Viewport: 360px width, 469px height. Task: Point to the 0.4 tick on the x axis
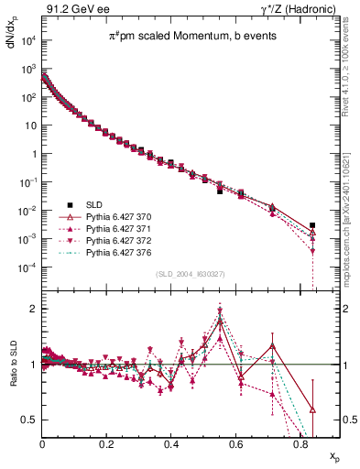[x=171, y=444]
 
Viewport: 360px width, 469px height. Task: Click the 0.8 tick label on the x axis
[x=300, y=444]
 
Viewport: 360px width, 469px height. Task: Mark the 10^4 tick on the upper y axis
[x=28, y=40]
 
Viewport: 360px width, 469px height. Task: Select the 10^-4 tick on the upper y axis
[x=28, y=267]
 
